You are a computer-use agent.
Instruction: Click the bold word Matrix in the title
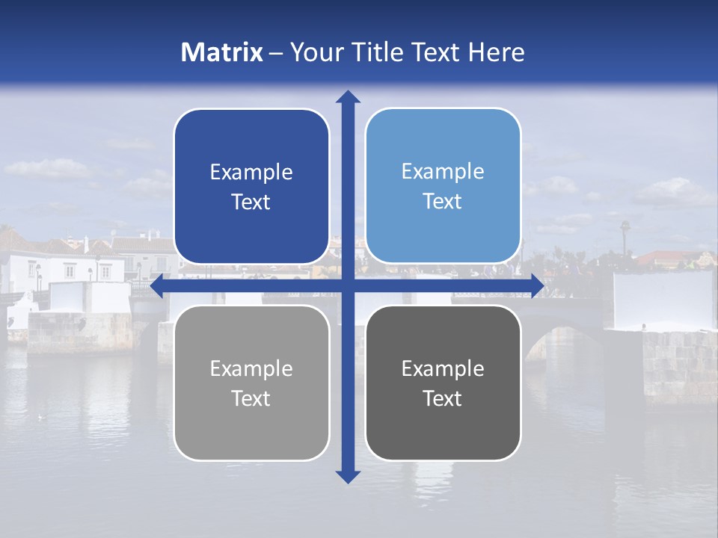pyautogui.click(x=222, y=52)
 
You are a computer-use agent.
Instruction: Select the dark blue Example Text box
pyautogui.click(x=251, y=187)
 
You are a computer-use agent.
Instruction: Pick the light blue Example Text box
pyautogui.click(x=443, y=186)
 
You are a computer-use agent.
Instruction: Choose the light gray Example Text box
pyautogui.click(x=251, y=383)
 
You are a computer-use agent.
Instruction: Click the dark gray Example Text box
pyautogui.click(x=443, y=383)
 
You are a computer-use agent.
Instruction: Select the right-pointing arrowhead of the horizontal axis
pyautogui.click(x=536, y=285)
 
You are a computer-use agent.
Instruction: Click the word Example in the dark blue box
pyautogui.click(x=251, y=173)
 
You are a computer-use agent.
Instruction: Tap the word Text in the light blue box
pyautogui.click(x=443, y=201)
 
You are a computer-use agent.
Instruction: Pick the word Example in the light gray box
pyautogui.click(x=251, y=368)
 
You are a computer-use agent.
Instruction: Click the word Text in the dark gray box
pyautogui.click(x=443, y=398)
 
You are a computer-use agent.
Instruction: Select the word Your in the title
pyautogui.click(x=313, y=52)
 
